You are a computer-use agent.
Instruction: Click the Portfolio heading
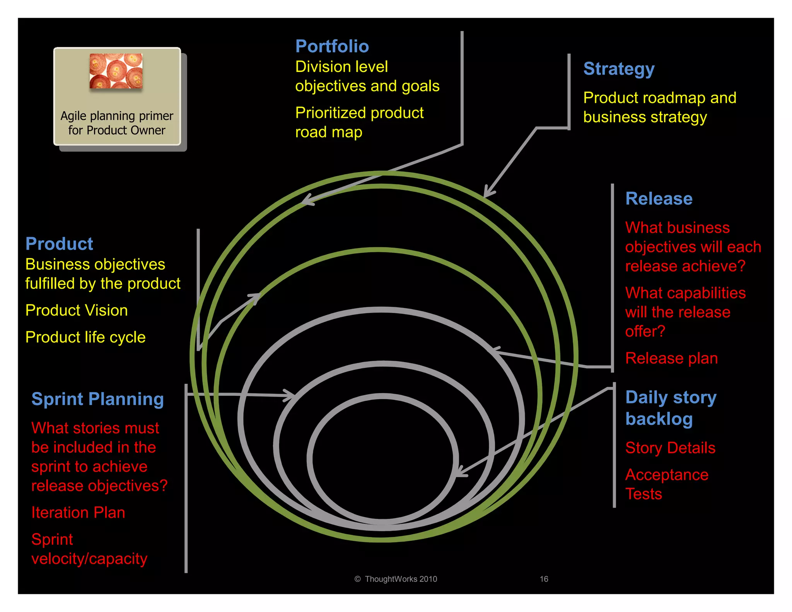click(332, 46)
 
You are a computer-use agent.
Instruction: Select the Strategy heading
click(619, 69)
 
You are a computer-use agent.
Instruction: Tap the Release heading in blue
click(659, 199)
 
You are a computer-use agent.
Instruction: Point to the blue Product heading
click(59, 244)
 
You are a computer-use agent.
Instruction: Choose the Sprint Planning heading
click(97, 399)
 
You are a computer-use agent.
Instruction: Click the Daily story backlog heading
click(671, 408)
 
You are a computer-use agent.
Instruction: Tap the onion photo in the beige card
click(116, 71)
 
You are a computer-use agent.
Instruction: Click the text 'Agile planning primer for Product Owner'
click(117, 123)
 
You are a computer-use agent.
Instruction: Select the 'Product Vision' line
click(77, 311)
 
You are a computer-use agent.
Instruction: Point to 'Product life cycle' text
click(85, 337)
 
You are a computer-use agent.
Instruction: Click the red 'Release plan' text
click(671, 358)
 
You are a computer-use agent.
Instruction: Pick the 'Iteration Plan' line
click(78, 513)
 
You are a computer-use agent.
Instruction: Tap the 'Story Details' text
click(670, 448)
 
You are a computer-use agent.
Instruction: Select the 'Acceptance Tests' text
click(667, 484)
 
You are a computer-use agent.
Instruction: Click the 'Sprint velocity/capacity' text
click(89, 549)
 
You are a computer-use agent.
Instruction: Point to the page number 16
click(544, 579)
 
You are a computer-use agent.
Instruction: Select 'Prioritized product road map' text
click(359, 123)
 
